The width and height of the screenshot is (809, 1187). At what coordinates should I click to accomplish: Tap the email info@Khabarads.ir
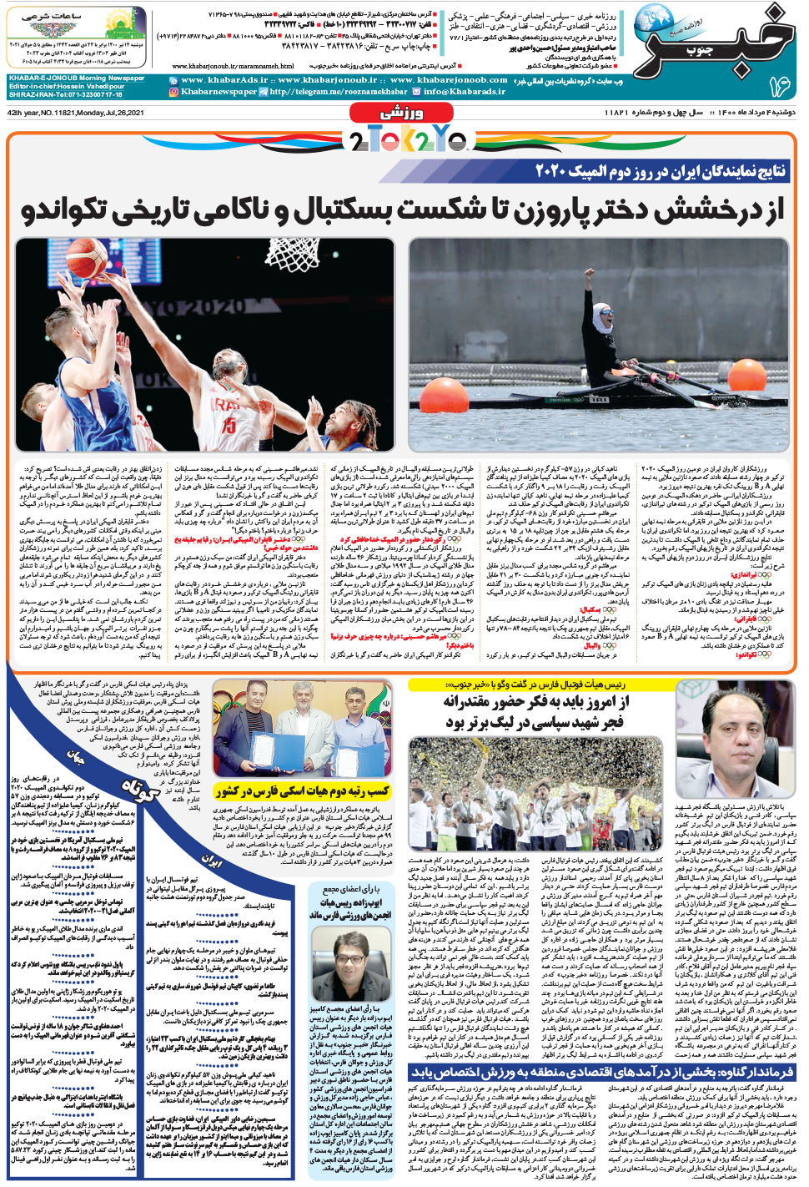pyautogui.click(x=464, y=92)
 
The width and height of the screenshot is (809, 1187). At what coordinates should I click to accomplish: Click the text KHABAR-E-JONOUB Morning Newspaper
pyautogui.click(x=77, y=78)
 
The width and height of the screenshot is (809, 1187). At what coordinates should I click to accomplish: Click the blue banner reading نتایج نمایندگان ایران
pyautogui.click(x=660, y=172)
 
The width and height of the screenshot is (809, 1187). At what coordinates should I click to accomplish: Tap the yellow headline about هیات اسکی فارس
pyautogui.click(x=302, y=790)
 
